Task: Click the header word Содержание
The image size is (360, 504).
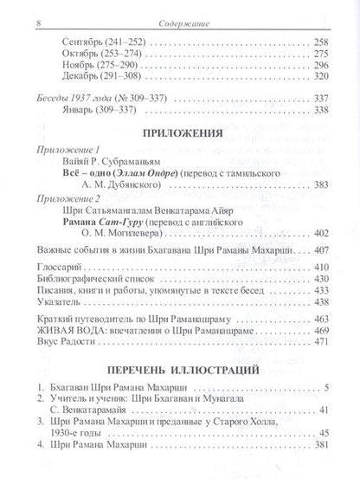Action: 180,9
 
